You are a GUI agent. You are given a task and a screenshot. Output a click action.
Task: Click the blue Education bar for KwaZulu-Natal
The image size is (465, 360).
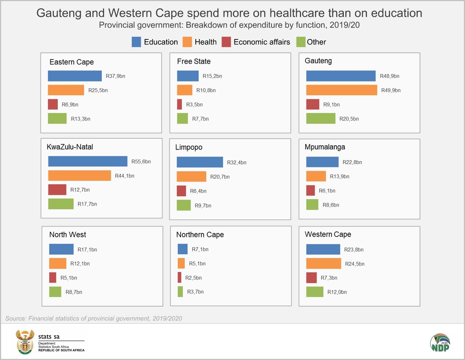coord(87,161)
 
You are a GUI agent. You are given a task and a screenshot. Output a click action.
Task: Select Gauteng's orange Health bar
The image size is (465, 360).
coord(342,90)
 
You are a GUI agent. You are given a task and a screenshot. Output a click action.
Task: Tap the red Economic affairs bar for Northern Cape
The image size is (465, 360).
coord(179,277)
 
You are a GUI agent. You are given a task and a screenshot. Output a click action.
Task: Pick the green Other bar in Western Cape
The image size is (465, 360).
coord(315,292)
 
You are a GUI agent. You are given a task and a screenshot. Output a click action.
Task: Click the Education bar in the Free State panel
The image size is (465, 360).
coord(188,76)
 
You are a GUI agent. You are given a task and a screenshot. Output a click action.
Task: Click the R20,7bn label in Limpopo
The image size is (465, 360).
coord(220,177)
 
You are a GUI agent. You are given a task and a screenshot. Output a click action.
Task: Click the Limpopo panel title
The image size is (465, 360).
coord(189,147)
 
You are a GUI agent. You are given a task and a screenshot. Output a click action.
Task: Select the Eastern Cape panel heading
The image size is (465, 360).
coord(72,62)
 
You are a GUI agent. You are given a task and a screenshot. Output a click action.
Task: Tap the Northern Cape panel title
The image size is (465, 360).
coord(200,235)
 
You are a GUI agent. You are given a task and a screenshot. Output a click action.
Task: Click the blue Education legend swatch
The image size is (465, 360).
coord(136,42)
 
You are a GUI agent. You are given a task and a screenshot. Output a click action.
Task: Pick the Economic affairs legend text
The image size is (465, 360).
coord(262,42)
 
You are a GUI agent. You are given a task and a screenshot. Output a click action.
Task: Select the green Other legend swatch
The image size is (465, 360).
coord(300,42)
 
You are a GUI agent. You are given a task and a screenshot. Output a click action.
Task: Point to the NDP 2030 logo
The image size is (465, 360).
coord(440,343)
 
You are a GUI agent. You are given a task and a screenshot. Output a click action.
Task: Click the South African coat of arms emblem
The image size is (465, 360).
coord(25,341)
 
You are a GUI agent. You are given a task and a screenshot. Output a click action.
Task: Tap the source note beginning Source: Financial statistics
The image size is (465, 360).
coord(94,318)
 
